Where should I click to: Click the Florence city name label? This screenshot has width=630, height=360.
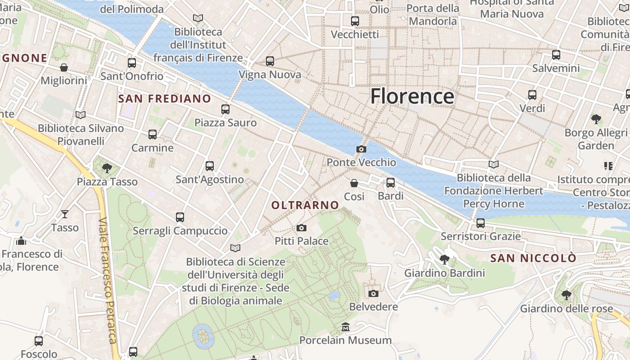point(412,96)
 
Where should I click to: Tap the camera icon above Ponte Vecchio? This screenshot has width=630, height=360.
point(361,149)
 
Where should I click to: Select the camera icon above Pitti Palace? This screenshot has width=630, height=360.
point(301,228)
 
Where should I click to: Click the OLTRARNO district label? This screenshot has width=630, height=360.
point(305,205)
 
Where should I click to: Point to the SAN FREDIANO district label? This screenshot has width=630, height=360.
point(164,99)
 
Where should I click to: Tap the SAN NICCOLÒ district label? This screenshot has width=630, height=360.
point(533,258)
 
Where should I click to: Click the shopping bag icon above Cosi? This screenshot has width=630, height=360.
point(354,183)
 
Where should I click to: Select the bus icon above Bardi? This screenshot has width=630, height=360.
point(391,183)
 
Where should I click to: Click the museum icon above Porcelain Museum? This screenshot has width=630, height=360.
point(345,327)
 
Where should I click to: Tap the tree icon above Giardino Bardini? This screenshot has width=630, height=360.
point(445,259)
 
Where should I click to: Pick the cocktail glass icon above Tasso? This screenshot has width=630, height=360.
point(65,214)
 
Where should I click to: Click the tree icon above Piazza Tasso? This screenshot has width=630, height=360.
point(107,168)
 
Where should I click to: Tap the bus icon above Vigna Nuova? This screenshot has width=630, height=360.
point(270,61)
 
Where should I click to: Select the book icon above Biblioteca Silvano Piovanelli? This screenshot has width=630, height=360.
point(81,115)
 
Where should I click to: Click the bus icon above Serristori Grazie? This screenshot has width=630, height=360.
point(481,223)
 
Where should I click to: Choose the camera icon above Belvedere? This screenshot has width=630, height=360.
point(373,293)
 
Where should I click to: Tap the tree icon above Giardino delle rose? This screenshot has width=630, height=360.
point(566,295)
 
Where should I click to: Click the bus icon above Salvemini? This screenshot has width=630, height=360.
point(556,55)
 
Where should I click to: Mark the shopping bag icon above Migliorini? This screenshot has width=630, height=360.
point(64,67)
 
